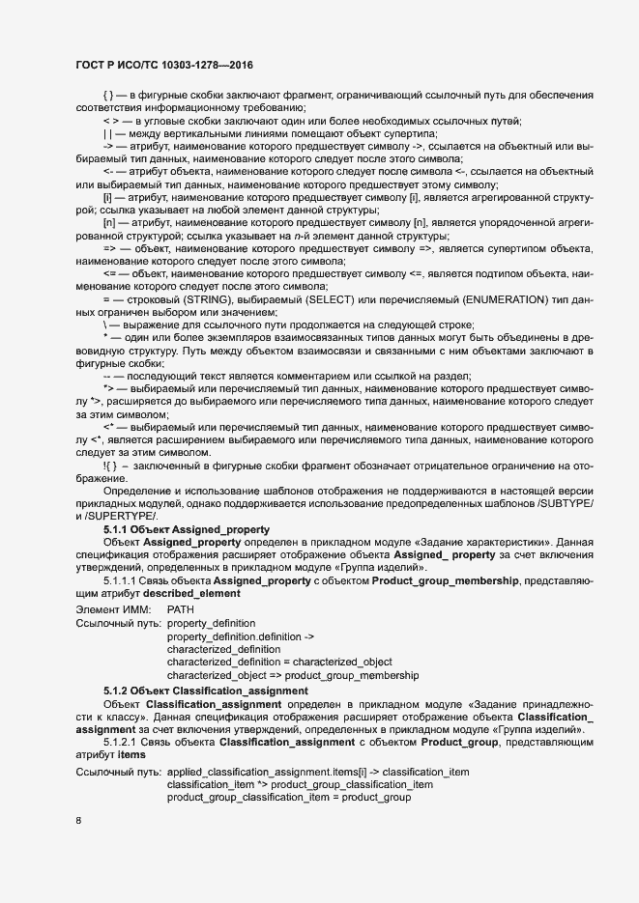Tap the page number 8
[x=78, y=821]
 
